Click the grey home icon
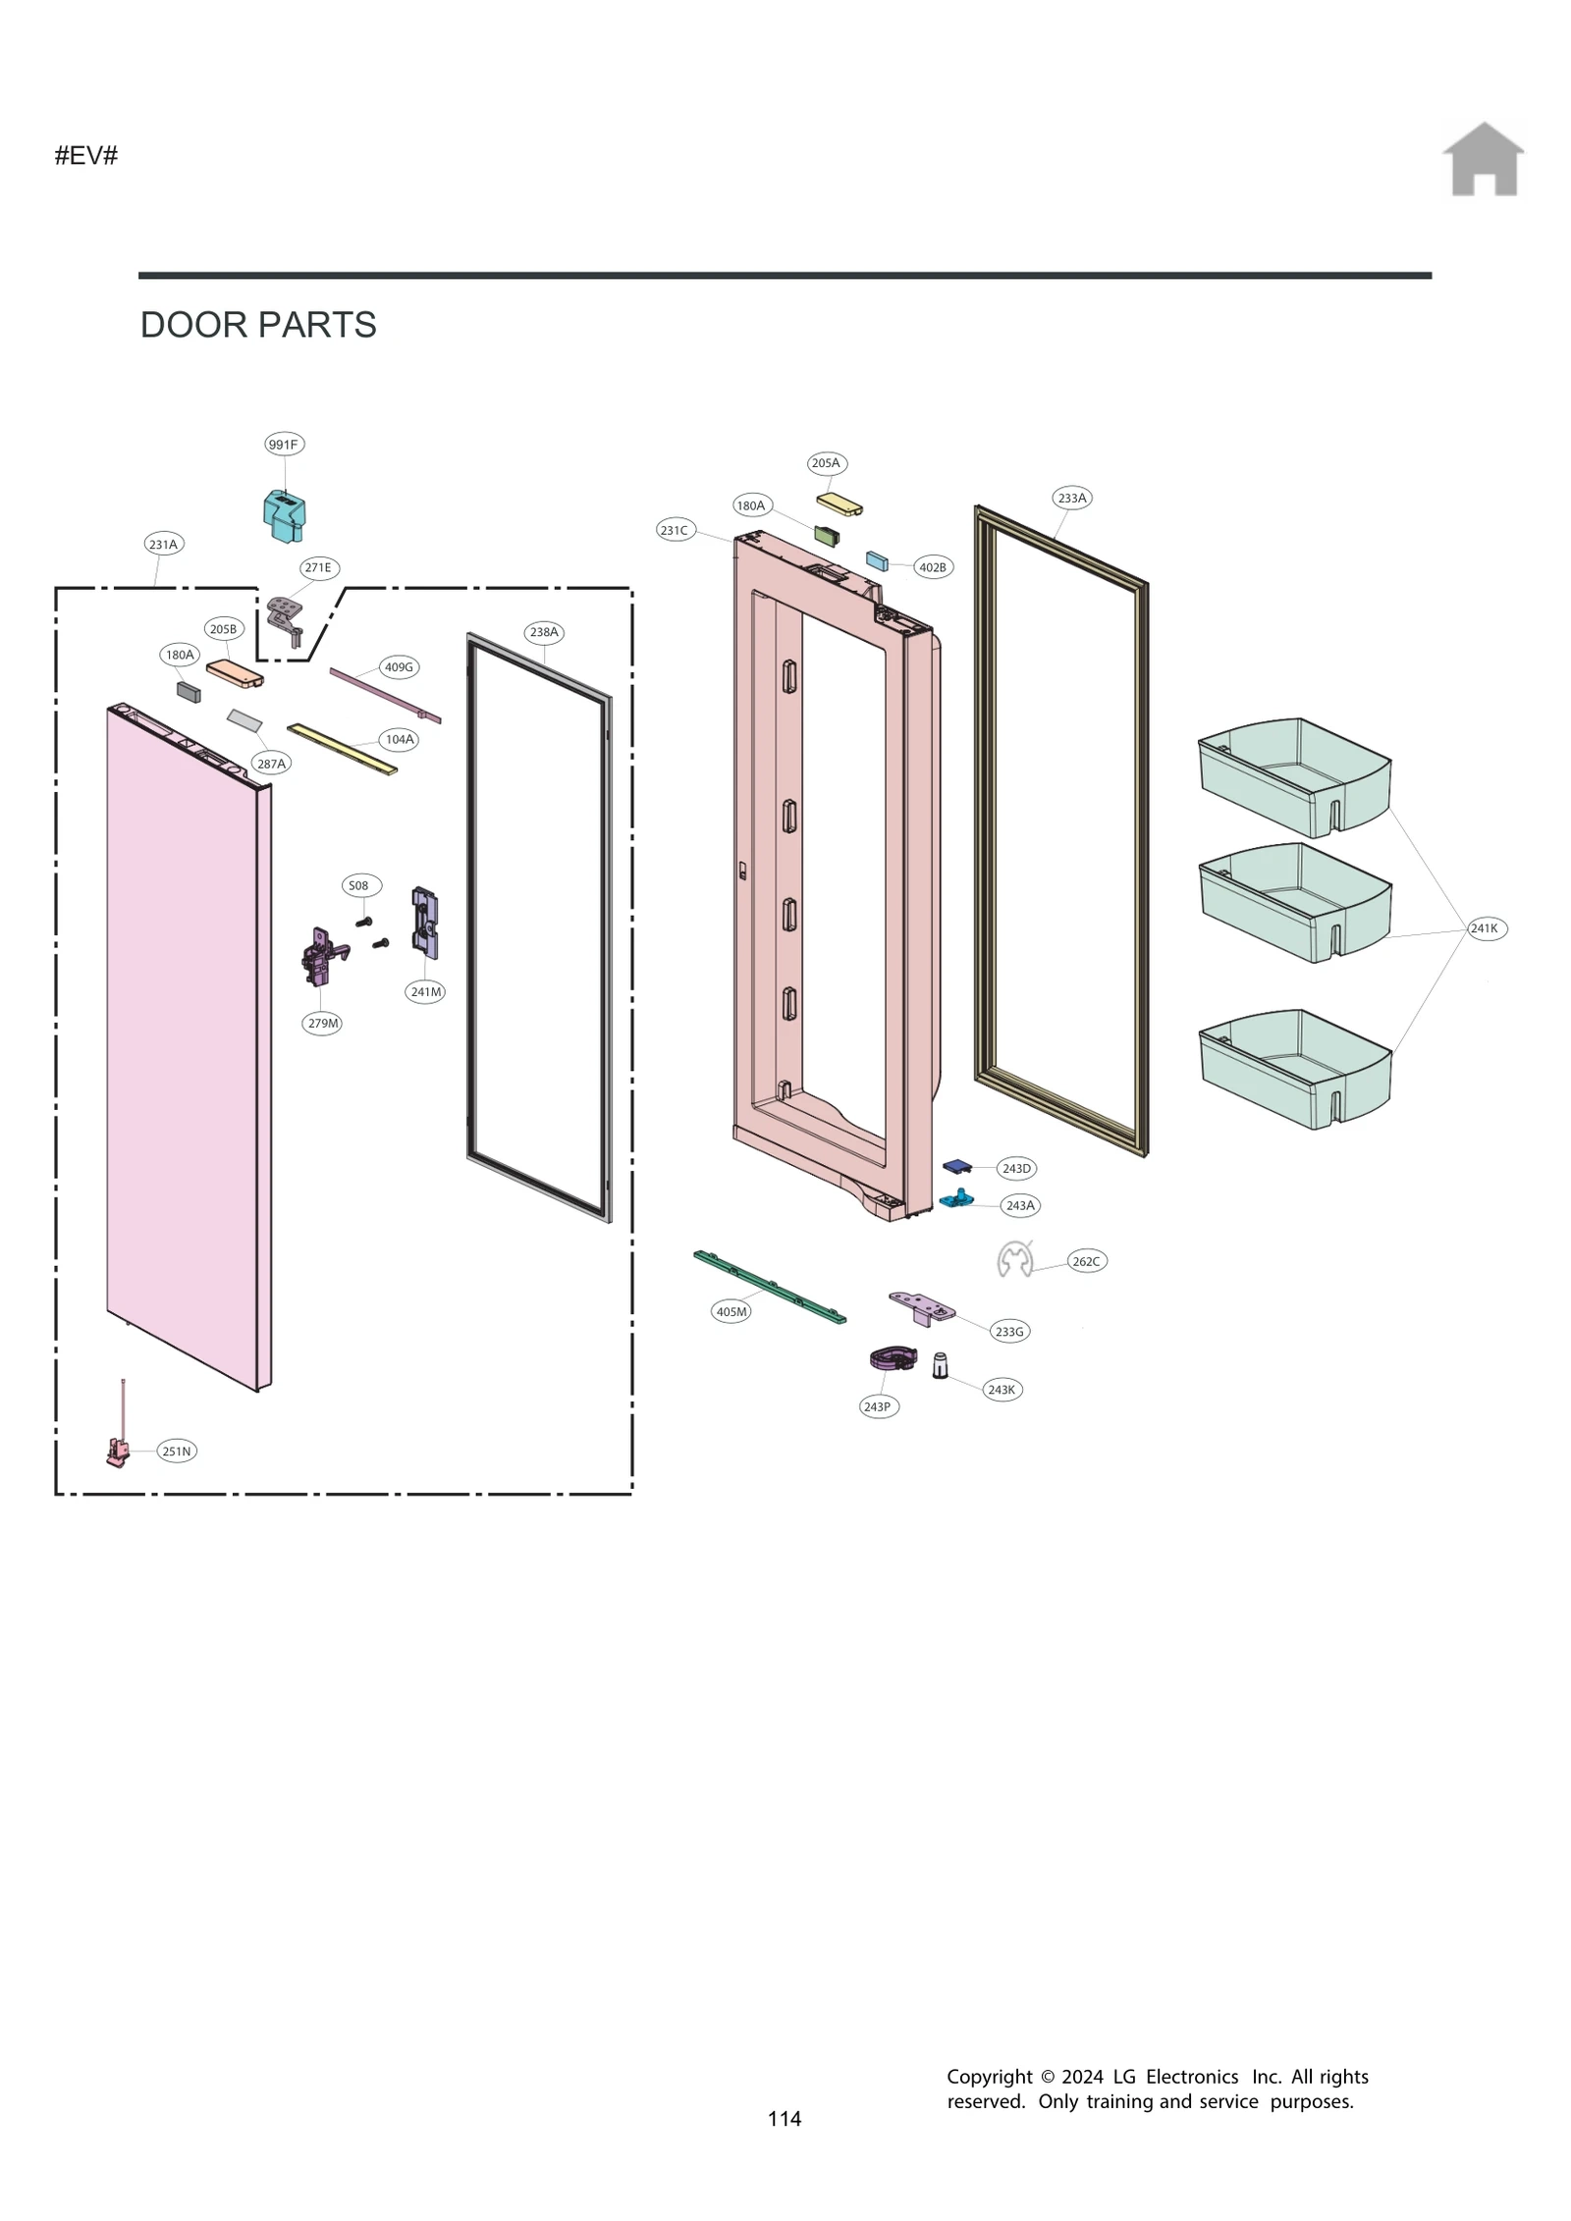pos(1483,160)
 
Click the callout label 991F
pos(284,445)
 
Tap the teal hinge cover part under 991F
pos(284,516)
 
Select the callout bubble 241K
pos(1485,928)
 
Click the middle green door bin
pos(1294,902)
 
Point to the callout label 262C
pos(1086,1261)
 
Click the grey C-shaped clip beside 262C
pos(1014,1259)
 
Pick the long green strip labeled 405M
pos(771,1288)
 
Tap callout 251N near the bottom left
pos(177,1452)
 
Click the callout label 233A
pos(1072,499)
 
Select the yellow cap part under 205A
pos(840,504)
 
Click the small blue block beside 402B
pos(877,560)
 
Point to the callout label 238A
pos(544,632)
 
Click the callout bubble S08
pos(359,885)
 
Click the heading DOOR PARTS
pos(258,325)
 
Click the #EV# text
pos(86,156)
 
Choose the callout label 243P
pos(877,1406)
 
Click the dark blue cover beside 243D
pos(956,1166)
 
